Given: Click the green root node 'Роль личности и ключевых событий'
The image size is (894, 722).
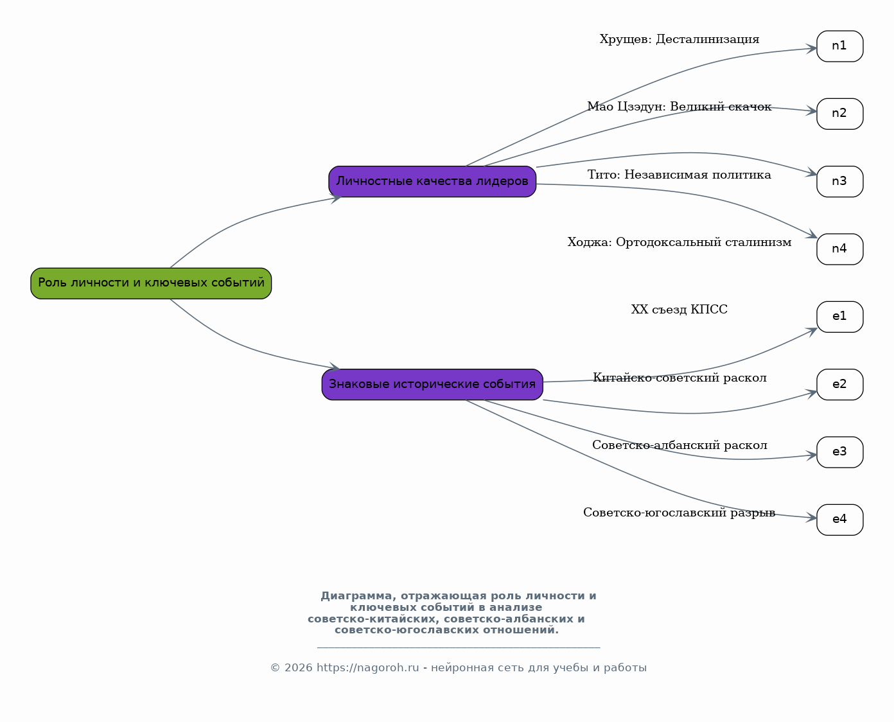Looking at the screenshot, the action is tap(151, 283).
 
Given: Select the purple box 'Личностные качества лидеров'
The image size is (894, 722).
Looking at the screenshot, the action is tap(432, 181).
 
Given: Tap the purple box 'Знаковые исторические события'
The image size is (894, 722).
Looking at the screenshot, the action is tap(432, 385).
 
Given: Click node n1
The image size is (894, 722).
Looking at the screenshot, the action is tap(840, 46).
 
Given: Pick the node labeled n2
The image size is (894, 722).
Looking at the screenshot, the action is tap(840, 114).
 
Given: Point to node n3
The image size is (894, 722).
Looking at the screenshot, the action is tap(840, 181).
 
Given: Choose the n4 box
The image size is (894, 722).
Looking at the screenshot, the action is tap(840, 249).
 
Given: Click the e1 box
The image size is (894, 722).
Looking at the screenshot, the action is tap(840, 317).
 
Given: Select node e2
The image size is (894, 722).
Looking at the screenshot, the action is tap(840, 385).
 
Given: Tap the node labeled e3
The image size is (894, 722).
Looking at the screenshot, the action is tap(840, 452).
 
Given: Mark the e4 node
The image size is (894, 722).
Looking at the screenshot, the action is tap(840, 520).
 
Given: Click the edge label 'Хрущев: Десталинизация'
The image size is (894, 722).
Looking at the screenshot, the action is tap(679, 39).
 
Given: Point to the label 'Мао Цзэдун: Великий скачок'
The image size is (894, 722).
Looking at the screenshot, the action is tap(679, 107).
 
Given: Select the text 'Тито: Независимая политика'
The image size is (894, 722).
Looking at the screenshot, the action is tap(679, 175).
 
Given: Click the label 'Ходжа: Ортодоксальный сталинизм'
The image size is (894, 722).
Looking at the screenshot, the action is tap(679, 242).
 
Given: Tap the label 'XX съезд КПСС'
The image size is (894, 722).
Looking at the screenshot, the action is tap(679, 310).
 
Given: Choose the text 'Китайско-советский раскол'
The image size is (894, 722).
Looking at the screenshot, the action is tap(679, 378).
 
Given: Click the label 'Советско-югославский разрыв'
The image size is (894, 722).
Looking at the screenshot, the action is tap(679, 513).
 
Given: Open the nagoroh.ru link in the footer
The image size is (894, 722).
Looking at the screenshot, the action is tap(367, 668).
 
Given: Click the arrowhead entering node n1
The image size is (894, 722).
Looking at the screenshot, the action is tap(811, 49).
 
